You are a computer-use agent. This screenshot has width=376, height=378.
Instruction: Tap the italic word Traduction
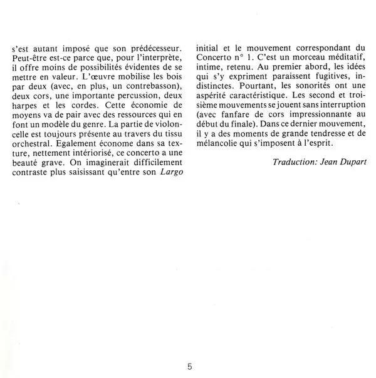tap(297, 161)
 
